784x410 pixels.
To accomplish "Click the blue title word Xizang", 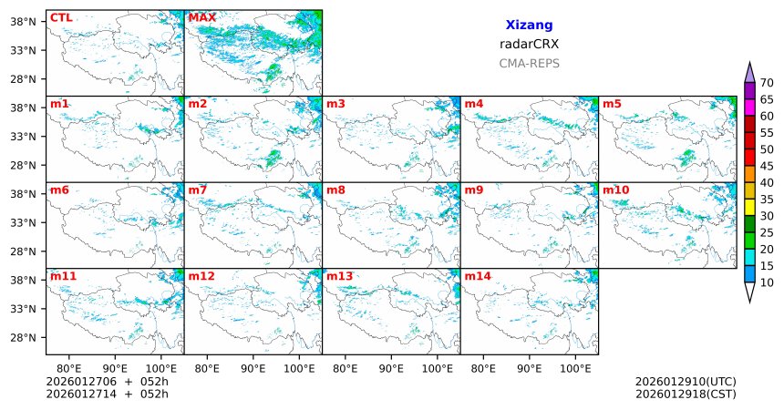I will coord(529,26).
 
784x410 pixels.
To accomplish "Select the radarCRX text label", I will coord(529,44).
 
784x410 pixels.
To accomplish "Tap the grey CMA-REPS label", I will coord(529,64).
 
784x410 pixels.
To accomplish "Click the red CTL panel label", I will coord(61,17).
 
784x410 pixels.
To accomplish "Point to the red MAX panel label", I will coord(201,17).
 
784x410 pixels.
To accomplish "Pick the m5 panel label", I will coord(612,104).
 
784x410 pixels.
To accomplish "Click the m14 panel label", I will coord(477,275).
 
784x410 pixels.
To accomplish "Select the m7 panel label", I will coord(197,190).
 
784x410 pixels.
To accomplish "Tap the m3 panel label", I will coord(335,104).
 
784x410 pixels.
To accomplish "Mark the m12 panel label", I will coord(201,275).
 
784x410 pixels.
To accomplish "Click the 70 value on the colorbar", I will coord(767,82).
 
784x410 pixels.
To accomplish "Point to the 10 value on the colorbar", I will coord(767,283).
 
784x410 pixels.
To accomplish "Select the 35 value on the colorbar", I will coord(767,200).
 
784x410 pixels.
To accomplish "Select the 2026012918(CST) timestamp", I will coord(686,394).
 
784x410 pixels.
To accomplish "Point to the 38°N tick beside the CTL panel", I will coord(33,20).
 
